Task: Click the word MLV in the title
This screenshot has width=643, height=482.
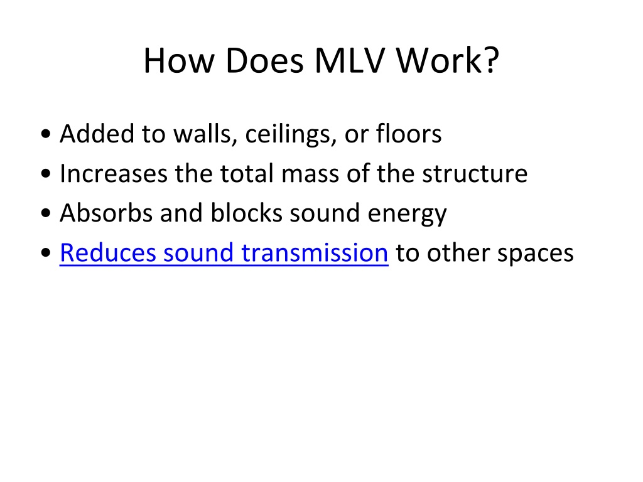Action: (x=350, y=61)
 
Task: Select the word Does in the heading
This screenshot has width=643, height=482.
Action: (x=264, y=61)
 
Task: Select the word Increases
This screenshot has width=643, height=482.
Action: (x=114, y=173)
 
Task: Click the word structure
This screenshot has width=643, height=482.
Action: (x=475, y=174)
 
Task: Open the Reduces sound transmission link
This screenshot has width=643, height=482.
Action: (x=224, y=252)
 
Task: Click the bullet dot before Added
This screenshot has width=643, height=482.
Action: (x=46, y=134)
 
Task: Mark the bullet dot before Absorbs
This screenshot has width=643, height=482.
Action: (x=46, y=213)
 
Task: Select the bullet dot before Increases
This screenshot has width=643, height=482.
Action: (x=46, y=174)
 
